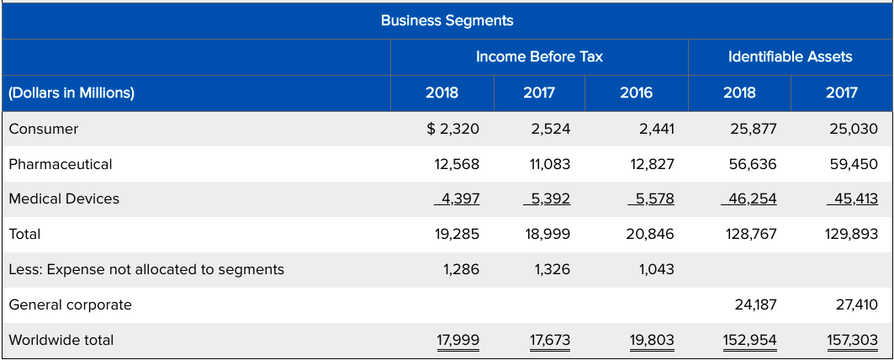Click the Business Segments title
pos(447,20)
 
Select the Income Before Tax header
pos(539,57)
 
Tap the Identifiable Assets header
pos(790,57)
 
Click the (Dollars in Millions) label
pos(71,93)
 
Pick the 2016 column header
pos(636,93)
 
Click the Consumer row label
pos(44,129)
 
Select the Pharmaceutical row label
pos(61,164)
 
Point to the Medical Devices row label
pos(64,199)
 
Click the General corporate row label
pos(71,304)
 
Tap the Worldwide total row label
pos(61,340)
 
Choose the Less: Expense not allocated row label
pos(146,269)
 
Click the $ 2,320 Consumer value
pos(452,129)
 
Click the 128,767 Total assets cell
pos(749,234)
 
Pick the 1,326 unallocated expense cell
pos(551,269)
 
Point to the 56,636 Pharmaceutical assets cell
pos(753,164)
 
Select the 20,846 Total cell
pos(650,234)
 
